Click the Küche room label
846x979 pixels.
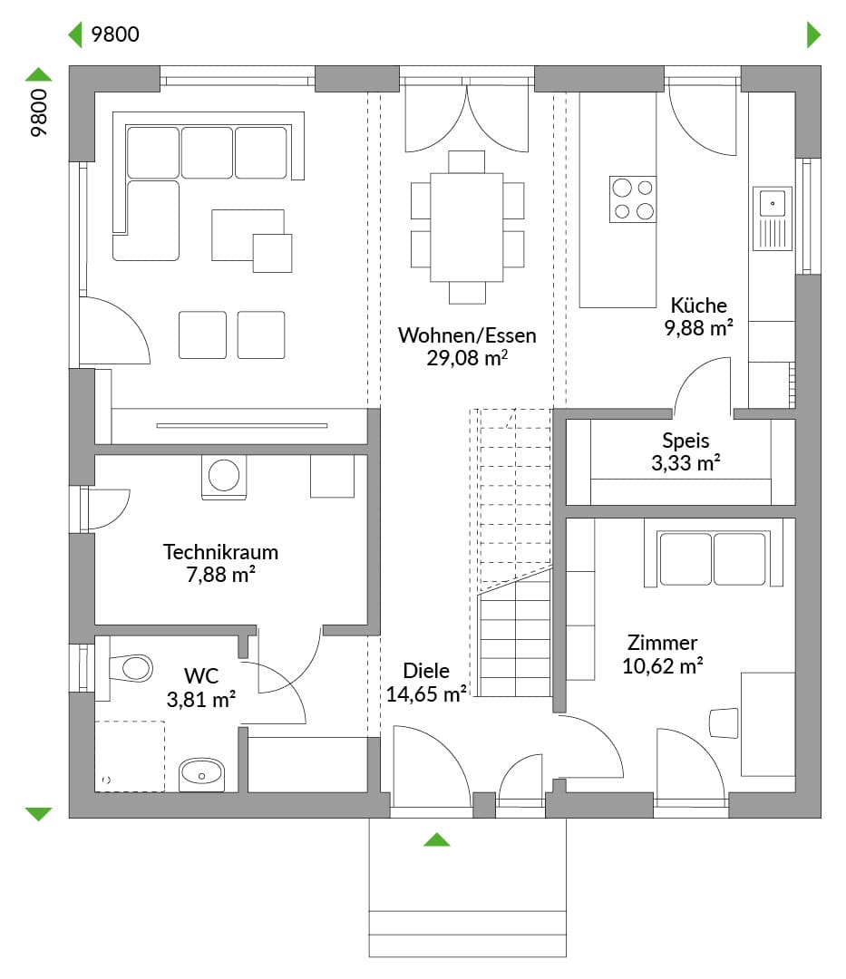(698, 305)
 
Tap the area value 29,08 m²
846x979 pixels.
(467, 358)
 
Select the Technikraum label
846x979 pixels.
(220, 552)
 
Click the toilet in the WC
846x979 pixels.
(131, 668)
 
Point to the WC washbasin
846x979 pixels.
(201, 775)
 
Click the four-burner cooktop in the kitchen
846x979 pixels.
(633, 199)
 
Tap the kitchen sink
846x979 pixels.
(773, 218)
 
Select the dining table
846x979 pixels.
(467, 228)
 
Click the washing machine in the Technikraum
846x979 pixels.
(224, 477)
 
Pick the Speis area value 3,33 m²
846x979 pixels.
(686, 463)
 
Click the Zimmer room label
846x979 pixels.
(662, 643)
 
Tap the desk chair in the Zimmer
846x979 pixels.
(724, 723)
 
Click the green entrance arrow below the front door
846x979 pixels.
(436, 839)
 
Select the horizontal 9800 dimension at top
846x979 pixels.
(115, 34)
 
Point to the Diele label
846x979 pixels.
(426, 671)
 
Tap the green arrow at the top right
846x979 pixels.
(813, 34)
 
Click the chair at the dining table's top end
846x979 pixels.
(466, 161)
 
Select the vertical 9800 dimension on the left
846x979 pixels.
(39, 112)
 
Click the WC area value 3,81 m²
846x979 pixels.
(200, 699)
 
